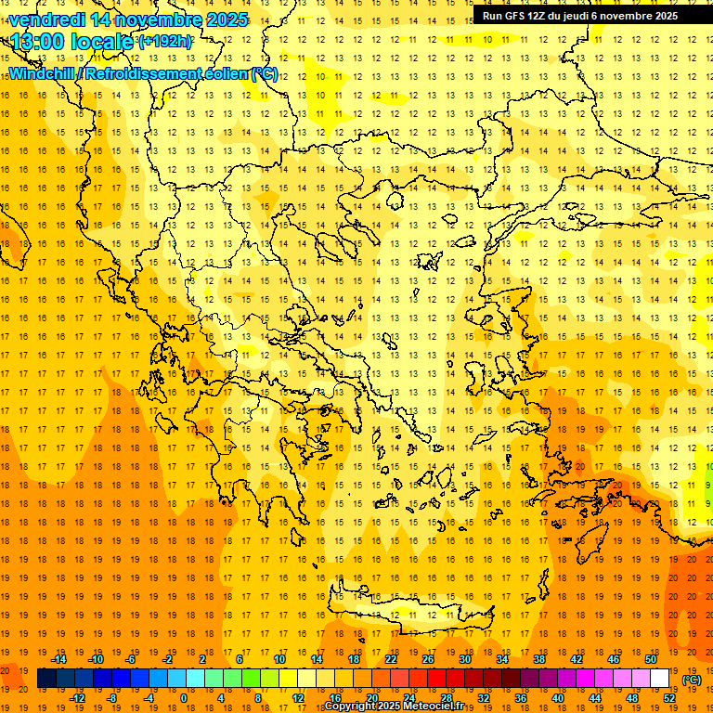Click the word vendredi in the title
point(45,19)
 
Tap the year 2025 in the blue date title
point(224,19)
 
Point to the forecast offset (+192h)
point(165,42)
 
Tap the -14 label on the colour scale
point(60,659)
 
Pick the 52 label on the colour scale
point(669,698)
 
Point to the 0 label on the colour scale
point(183,698)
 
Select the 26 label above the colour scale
point(428,659)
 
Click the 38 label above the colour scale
point(539,659)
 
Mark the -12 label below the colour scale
point(78,698)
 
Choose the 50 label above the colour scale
point(651,659)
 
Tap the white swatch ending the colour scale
point(660,679)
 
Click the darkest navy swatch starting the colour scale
point(46,679)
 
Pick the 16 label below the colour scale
point(335,698)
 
